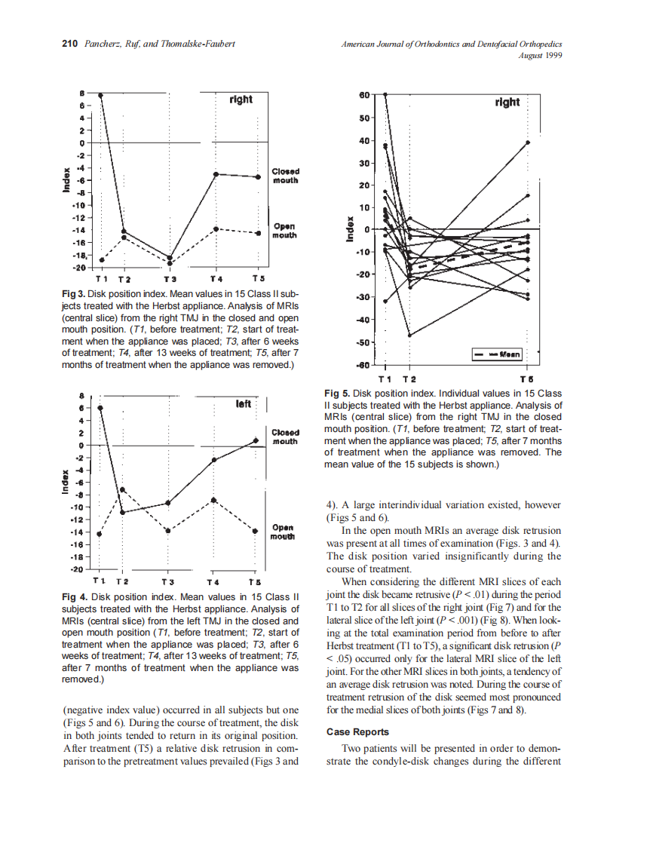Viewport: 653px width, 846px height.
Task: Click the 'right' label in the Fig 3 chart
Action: pyautogui.click(x=241, y=100)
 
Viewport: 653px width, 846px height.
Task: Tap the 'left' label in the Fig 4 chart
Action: pyautogui.click(x=243, y=404)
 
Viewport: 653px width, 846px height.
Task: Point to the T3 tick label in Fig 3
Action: pyautogui.click(x=170, y=278)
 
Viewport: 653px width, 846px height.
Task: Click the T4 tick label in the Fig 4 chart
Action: pyautogui.click(x=213, y=582)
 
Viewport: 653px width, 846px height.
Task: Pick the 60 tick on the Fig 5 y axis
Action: pyautogui.click(x=364, y=96)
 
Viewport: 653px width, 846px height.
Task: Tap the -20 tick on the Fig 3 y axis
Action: pyautogui.click(x=78, y=268)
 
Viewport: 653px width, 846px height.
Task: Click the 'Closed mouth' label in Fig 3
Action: pyautogui.click(x=285, y=176)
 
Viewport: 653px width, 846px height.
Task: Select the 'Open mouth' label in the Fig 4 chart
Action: pyautogui.click(x=283, y=532)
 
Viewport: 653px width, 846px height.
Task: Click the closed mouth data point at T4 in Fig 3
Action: pyautogui.click(x=216, y=174)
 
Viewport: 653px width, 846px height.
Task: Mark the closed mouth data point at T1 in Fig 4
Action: pyautogui.click(x=100, y=408)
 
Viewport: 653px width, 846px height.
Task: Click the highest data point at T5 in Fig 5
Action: pyautogui.click(x=528, y=142)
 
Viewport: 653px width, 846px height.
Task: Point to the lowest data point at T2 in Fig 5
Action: pyautogui.click(x=409, y=336)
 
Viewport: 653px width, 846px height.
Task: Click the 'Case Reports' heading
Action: pyautogui.click(x=357, y=732)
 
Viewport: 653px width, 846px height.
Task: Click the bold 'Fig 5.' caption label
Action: pyautogui.click(x=337, y=394)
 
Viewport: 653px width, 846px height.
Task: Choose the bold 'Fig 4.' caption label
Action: pyautogui.click(x=75, y=596)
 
